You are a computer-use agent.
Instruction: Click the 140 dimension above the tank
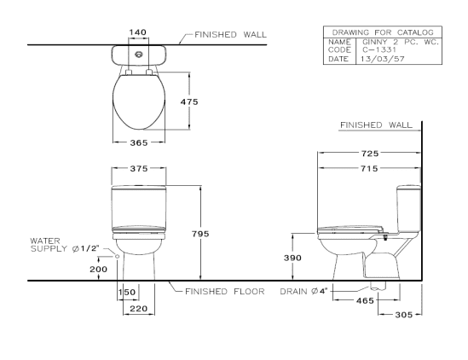[x=137, y=32]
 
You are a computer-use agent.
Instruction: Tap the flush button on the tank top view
[x=138, y=55]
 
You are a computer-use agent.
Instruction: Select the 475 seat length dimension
[x=189, y=102]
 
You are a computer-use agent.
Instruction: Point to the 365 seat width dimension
[x=139, y=142]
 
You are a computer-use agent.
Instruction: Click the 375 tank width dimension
[x=139, y=169]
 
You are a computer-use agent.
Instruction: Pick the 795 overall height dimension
[x=200, y=234]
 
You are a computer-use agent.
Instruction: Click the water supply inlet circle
[x=118, y=256]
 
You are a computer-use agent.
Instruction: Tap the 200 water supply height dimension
[x=99, y=270]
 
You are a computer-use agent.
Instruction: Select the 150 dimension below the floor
[x=126, y=292]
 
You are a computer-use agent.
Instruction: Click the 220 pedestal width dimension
[x=139, y=308]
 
